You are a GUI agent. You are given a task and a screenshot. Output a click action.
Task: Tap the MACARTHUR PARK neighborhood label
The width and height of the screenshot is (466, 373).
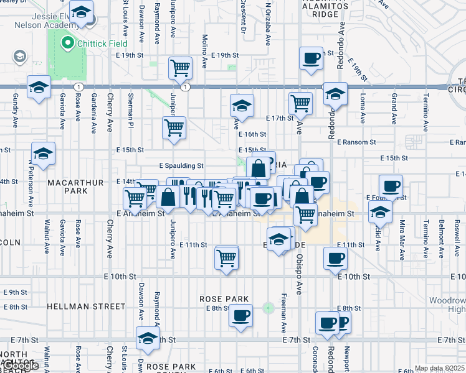pyautogui.click(x=67, y=186)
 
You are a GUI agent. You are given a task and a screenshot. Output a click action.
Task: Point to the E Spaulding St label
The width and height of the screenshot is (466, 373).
pyautogui.click(x=181, y=166)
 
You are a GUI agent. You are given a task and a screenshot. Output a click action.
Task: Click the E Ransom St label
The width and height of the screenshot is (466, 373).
pyautogui.click(x=356, y=142)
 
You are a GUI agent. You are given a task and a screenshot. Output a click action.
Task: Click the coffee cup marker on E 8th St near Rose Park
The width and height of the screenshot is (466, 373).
pyautogui.click(x=240, y=315)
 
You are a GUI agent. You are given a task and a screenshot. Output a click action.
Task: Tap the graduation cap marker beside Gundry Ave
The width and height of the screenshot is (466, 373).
pyautogui.click(x=39, y=88)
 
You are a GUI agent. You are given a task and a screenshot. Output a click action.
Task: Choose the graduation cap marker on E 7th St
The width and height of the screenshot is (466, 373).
pyautogui.click(x=147, y=338)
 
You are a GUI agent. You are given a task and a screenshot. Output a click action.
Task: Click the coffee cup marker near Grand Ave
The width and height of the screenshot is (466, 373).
pyautogui.click(x=391, y=186)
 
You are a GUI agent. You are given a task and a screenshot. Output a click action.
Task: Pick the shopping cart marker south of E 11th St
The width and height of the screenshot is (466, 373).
pyautogui.click(x=227, y=257)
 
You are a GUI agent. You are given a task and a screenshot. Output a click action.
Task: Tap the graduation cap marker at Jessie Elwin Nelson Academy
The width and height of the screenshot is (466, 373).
pyautogui.click(x=81, y=12)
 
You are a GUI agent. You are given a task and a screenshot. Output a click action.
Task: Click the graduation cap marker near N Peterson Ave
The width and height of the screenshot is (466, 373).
pyautogui.click(x=43, y=153)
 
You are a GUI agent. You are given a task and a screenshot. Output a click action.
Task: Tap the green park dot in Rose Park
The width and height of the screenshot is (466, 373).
pyautogui.click(x=269, y=307)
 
